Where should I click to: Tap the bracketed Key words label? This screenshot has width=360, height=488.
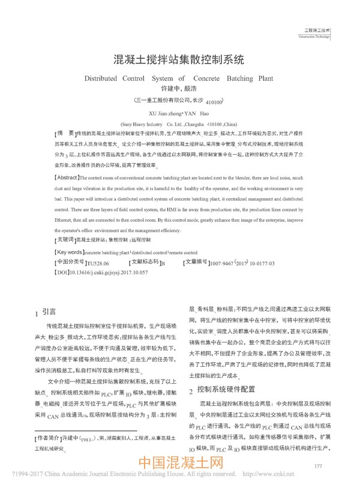coord(71,252)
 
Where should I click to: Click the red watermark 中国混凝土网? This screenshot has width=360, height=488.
coord(181,465)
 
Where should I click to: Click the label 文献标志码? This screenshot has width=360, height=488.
coord(144,263)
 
